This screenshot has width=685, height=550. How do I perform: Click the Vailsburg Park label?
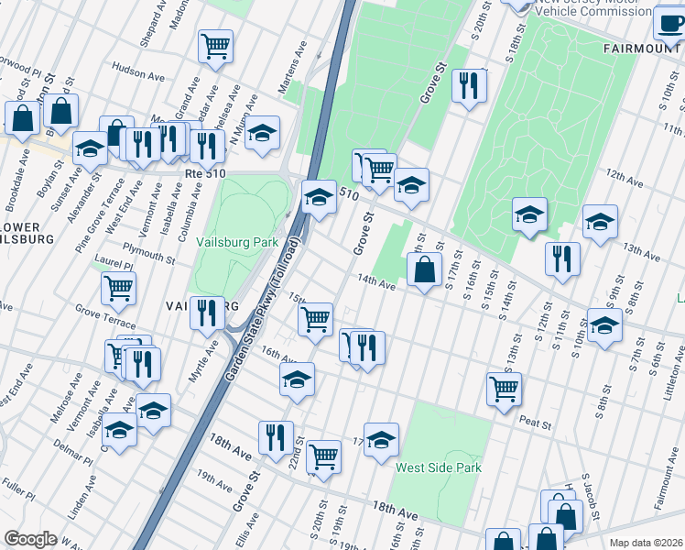(x=236, y=243)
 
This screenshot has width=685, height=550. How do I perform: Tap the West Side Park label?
(x=438, y=467)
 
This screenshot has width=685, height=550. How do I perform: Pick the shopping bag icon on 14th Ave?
(x=423, y=270)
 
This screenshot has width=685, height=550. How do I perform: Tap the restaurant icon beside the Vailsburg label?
(x=207, y=312)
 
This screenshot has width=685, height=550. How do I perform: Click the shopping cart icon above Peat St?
(x=504, y=388)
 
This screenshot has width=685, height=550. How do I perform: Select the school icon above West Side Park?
(x=381, y=440)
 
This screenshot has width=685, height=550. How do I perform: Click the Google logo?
(x=29, y=539)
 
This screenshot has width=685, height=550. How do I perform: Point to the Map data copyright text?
(x=645, y=543)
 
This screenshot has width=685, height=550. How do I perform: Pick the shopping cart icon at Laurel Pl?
(x=119, y=288)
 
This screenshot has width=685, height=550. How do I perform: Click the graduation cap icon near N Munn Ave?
(x=262, y=132)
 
